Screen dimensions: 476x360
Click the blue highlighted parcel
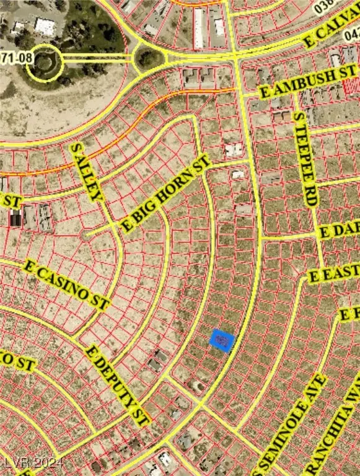pyautogui.click(x=222, y=340)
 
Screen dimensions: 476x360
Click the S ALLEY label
pyautogui.click(x=86, y=172)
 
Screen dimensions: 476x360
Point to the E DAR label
pyautogui.click(x=338, y=231)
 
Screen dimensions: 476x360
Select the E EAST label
pyautogui.click(x=334, y=272)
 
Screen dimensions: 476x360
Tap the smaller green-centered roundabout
pyautogui.click(x=147, y=59)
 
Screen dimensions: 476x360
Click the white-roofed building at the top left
pyautogui.click(x=45, y=27)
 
